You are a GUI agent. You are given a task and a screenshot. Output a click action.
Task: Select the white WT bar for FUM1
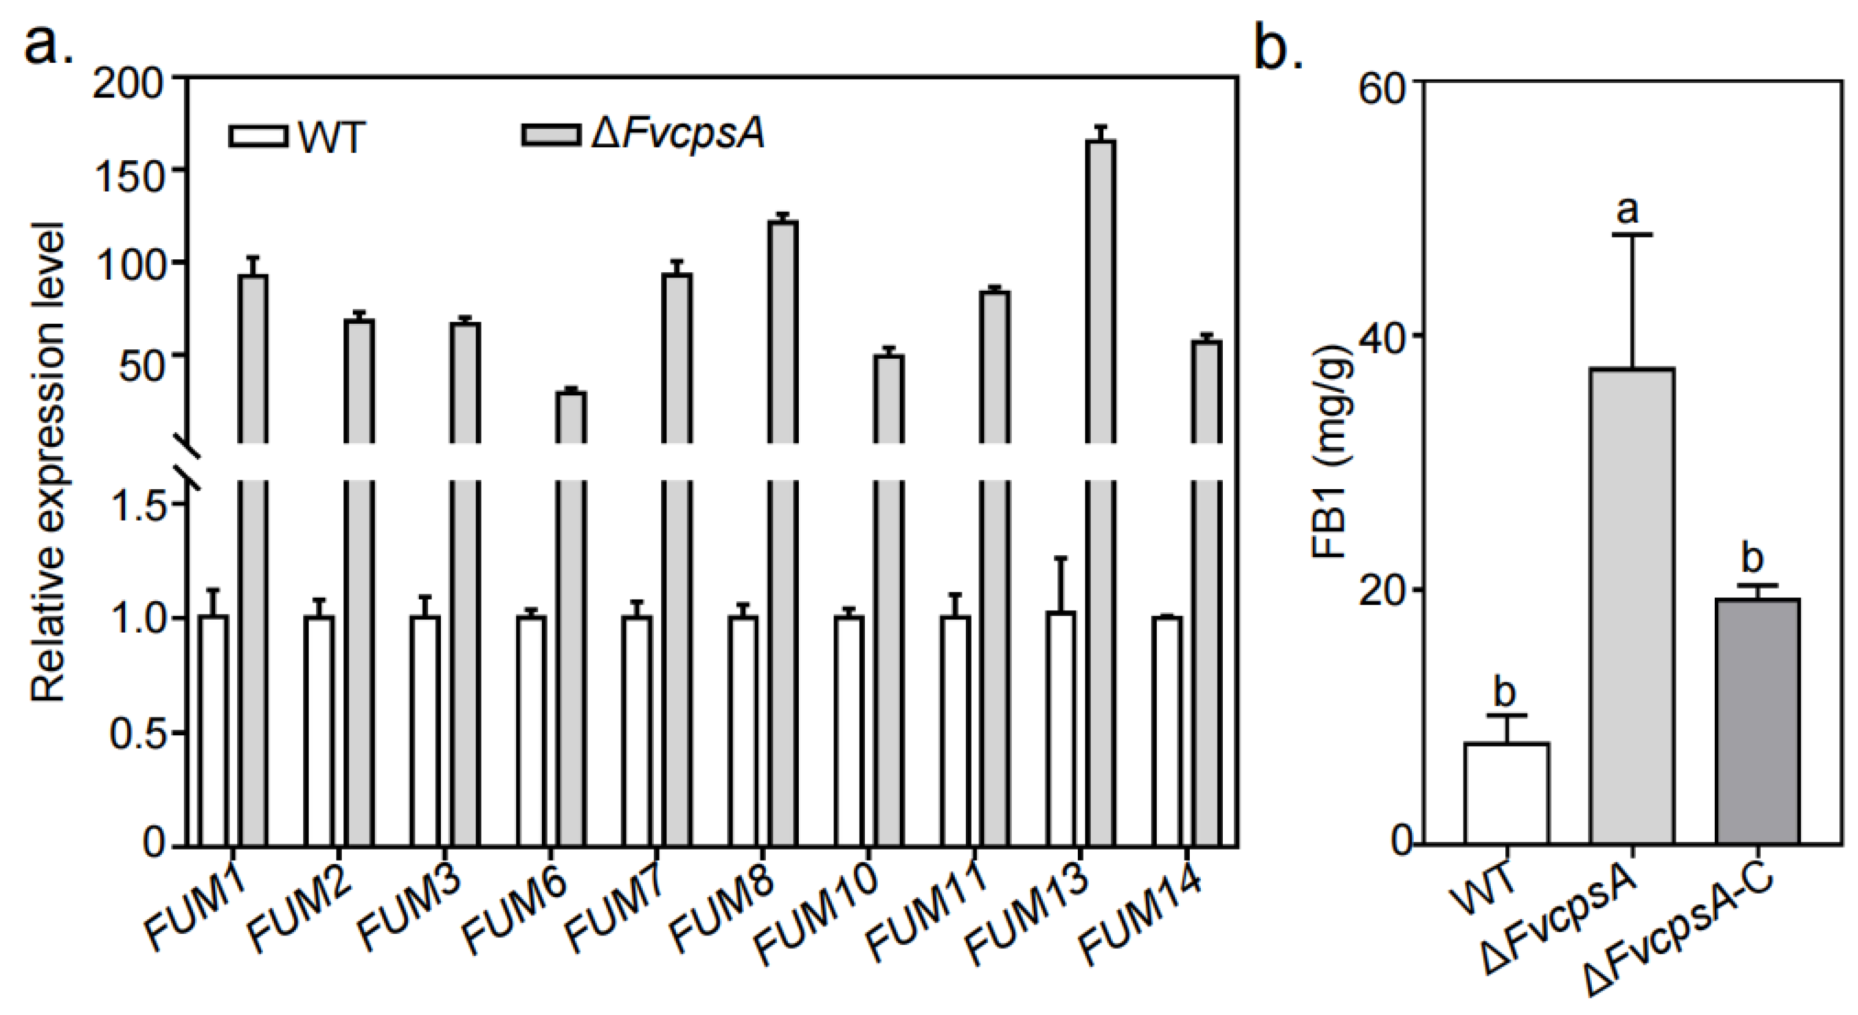tap(213, 729)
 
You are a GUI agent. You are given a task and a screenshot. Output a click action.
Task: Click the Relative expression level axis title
tap(49, 462)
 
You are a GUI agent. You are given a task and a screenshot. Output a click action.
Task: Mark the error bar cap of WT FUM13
tap(1060, 558)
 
